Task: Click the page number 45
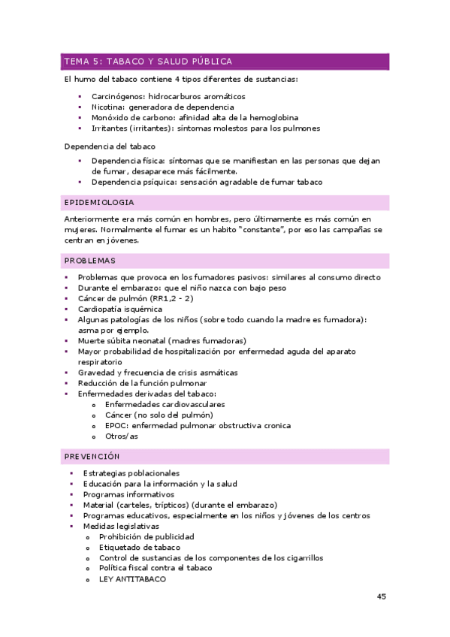[x=381, y=596]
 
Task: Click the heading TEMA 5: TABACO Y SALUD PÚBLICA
[x=148, y=62]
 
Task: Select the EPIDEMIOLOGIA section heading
[x=100, y=203]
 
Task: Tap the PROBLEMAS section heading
[x=90, y=261]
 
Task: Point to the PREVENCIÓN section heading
[x=92, y=456]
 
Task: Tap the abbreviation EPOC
[x=116, y=425]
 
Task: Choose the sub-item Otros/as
[x=122, y=436]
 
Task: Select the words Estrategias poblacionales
[x=131, y=473]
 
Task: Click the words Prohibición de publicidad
[x=146, y=536]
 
